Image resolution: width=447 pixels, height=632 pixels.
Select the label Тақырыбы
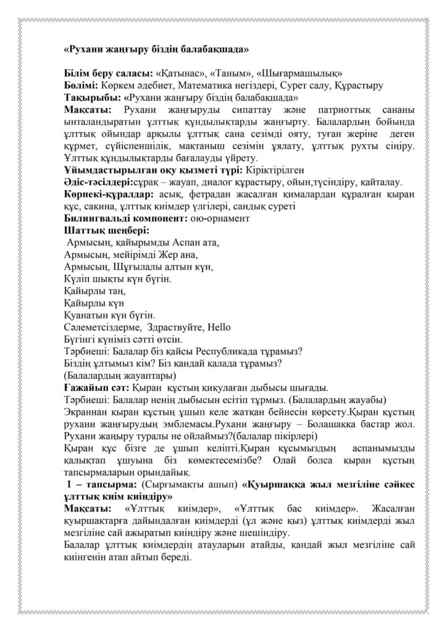(x=93, y=97)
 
